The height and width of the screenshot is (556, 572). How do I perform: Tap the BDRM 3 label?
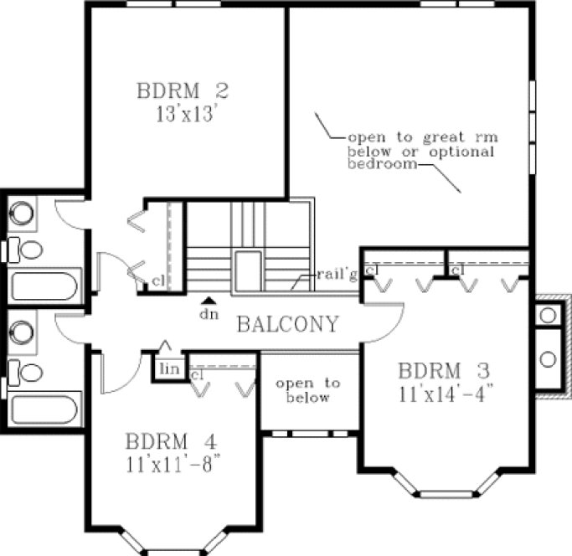pyautogui.click(x=443, y=369)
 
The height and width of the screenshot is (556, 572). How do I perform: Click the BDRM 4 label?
pyautogui.click(x=170, y=440)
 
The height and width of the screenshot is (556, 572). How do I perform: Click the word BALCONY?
pyautogui.click(x=287, y=324)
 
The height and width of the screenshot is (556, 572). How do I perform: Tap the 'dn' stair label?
pyautogui.click(x=210, y=314)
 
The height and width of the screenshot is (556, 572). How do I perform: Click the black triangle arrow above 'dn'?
pyautogui.click(x=210, y=300)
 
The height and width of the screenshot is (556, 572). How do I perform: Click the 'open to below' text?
pyautogui.click(x=308, y=390)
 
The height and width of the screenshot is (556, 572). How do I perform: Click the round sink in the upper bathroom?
pyautogui.click(x=23, y=211)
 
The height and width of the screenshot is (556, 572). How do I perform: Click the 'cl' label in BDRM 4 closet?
pyautogui.click(x=197, y=375)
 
